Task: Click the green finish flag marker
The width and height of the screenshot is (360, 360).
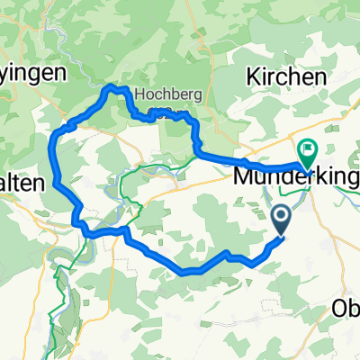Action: [x=308, y=151]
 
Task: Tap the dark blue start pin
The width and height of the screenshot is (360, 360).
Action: [x=280, y=219]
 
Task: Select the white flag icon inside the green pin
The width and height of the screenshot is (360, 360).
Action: [x=308, y=148]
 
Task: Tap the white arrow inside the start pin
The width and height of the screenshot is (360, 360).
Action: [x=280, y=216]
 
